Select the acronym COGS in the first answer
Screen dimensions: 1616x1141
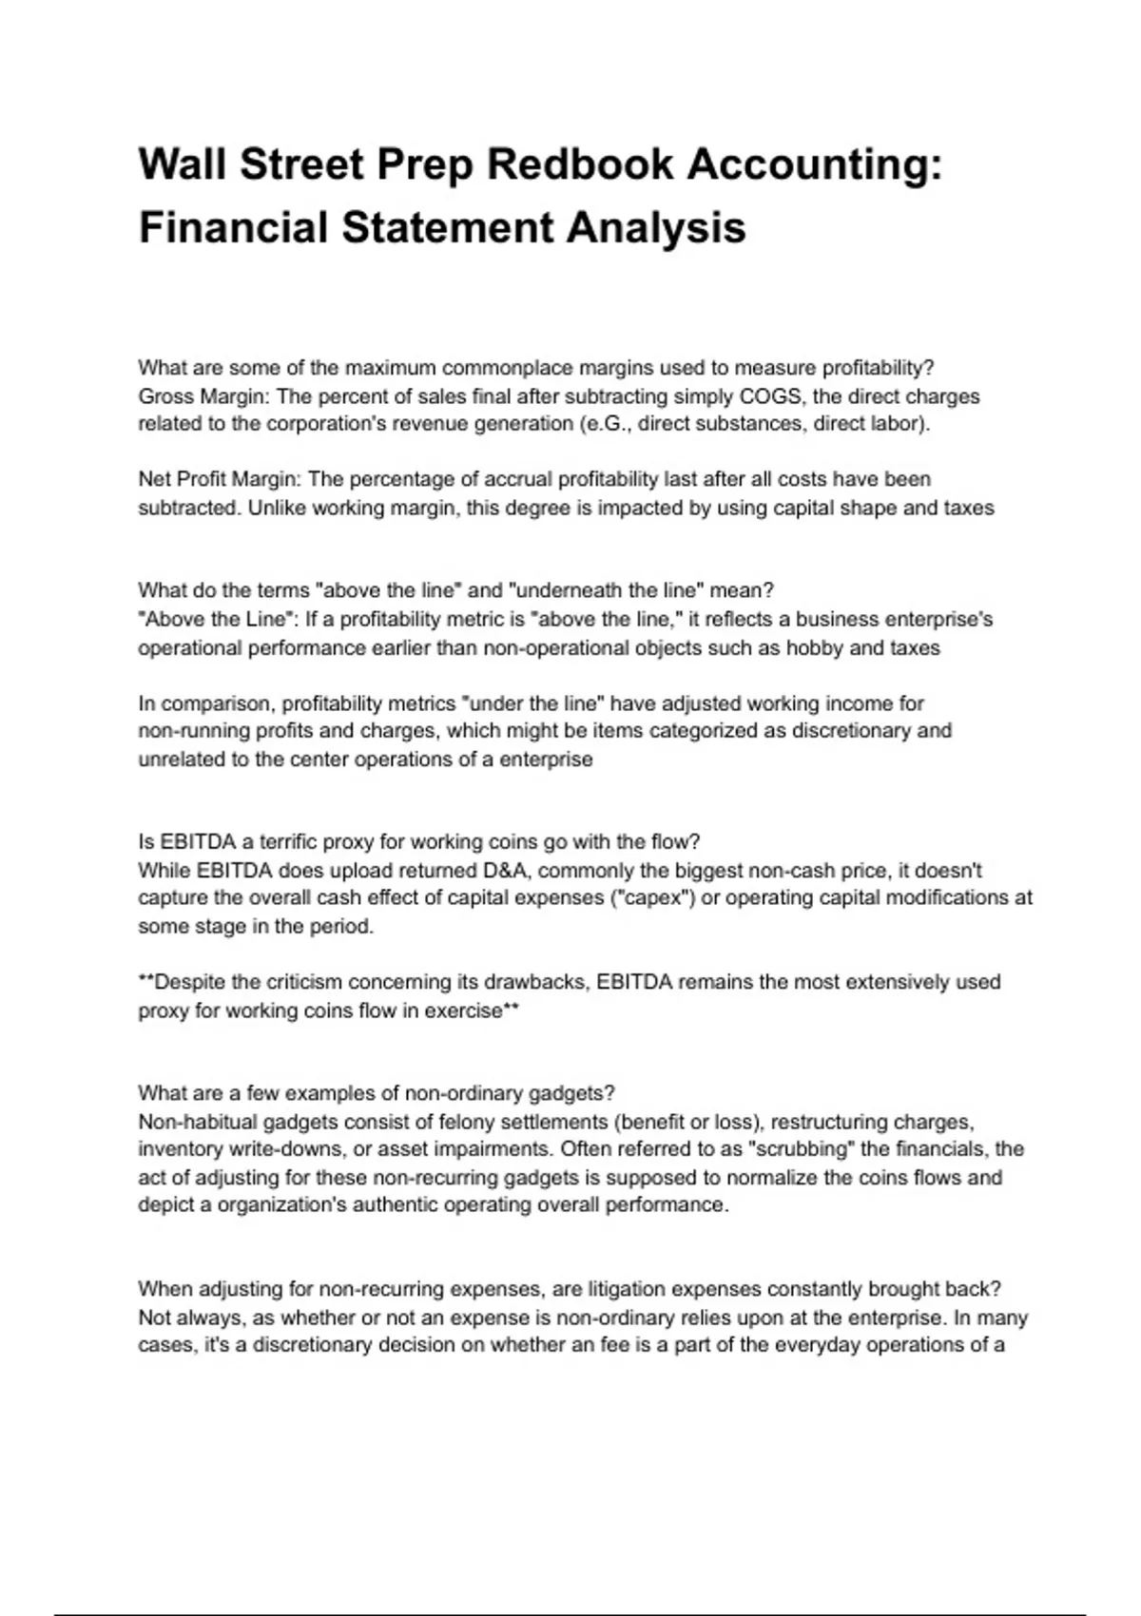(770, 395)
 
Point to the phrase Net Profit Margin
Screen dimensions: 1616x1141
(218, 479)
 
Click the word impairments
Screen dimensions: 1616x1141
(491, 1149)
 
